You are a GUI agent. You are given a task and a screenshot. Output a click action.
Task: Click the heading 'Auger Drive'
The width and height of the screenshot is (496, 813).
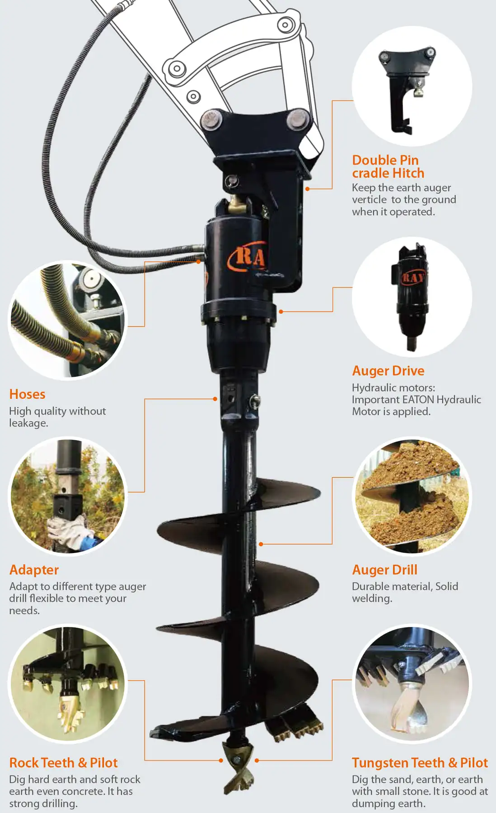pyautogui.click(x=388, y=371)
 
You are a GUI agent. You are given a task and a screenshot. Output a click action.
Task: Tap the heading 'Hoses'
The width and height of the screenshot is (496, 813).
pyautogui.click(x=27, y=394)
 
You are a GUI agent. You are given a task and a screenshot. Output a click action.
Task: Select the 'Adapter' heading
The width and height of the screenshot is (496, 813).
pyautogui.click(x=34, y=570)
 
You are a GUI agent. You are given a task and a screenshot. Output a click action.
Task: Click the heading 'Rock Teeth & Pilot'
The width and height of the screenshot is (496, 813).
pyautogui.click(x=63, y=763)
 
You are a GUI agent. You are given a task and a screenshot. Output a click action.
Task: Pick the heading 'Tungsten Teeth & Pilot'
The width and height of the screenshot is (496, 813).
pyautogui.click(x=420, y=763)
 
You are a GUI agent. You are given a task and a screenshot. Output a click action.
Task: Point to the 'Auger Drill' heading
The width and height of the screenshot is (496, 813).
pyautogui.click(x=384, y=570)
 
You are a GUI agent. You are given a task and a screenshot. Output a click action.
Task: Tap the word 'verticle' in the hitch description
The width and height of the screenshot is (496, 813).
pyautogui.click(x=369, y=200)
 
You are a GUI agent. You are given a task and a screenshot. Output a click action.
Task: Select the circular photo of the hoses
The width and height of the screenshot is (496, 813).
pyautogui.click(x=68, y=320)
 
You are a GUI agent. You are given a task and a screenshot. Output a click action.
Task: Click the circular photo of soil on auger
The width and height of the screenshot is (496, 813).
pyautogui.click(x=412, y=496)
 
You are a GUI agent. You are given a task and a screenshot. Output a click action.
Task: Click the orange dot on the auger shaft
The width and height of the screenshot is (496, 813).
pyautogui.click(x=261, y=544)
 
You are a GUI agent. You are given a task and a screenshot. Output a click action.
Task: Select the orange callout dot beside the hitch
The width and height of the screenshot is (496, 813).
pyautogui.click(x=307, y=189)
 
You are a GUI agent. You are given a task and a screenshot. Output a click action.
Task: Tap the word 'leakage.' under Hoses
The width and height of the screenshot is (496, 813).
pyautogui.click(x=28, y=423)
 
